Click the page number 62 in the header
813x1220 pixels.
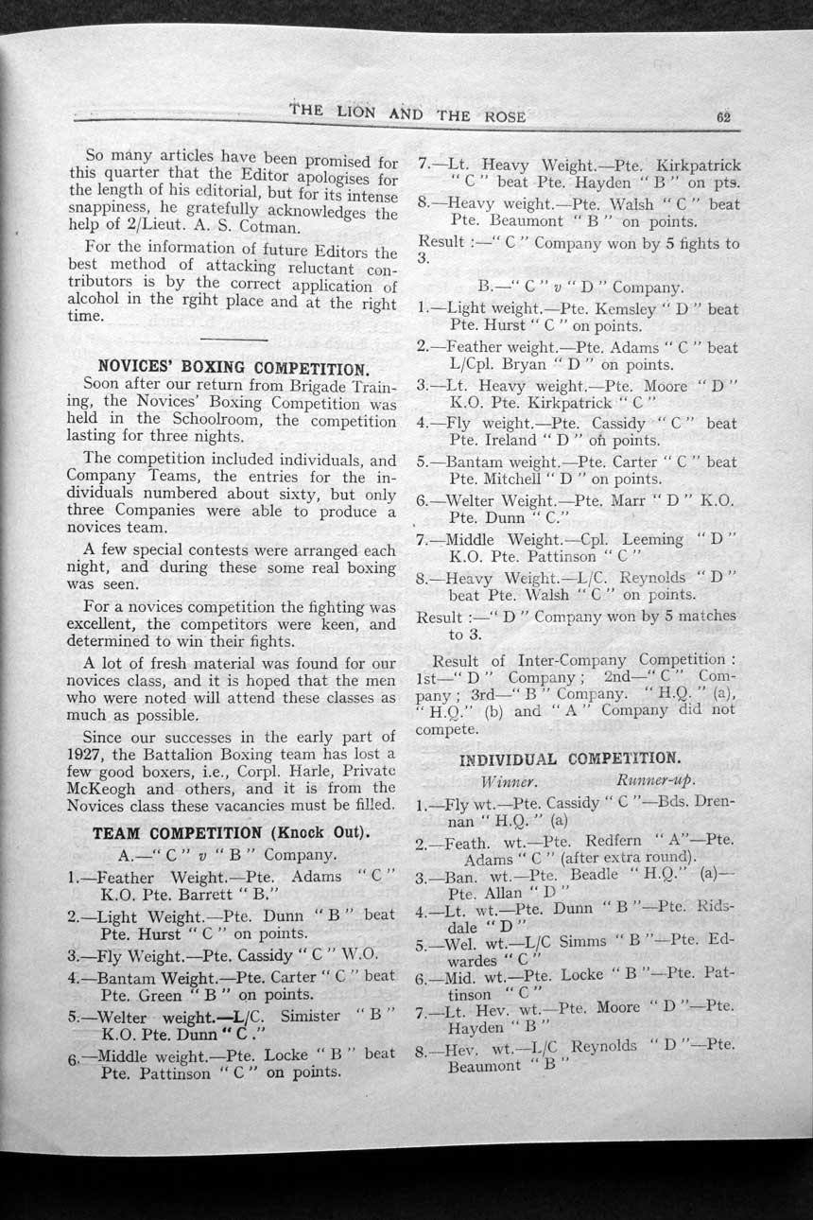(725, 118)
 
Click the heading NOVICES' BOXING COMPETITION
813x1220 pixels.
(233, 368)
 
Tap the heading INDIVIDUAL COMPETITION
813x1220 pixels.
(569, 758)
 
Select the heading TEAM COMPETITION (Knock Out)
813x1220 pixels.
(231, 833)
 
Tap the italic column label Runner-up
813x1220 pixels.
(655, 780)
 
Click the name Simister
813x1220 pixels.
(309, 1015)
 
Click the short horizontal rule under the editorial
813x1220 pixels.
(234, 339)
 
